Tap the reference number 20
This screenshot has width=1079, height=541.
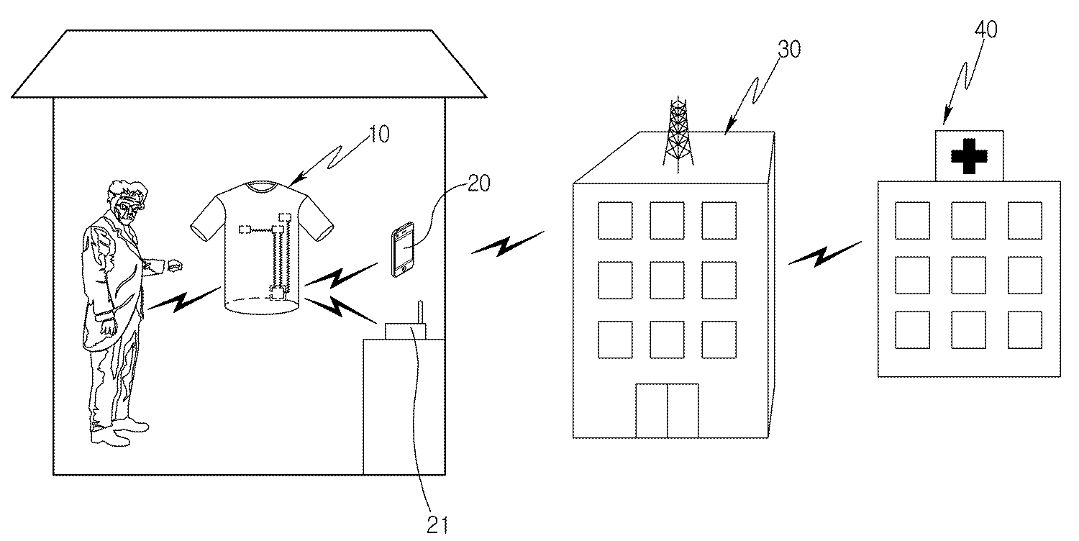(x=478, y=183)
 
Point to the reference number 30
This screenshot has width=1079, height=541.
(x=788, y=50)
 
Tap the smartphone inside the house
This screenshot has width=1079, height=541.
(x=403, y=250)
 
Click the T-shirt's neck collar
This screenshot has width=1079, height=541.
(x=261, y=186)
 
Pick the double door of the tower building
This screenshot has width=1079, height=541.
(x=667, y=411)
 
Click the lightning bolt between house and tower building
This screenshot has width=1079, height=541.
(x=506, y=245)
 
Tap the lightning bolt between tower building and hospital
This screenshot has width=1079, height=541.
(x=824, y=253)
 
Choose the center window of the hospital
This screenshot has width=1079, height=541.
(x=968, y=274)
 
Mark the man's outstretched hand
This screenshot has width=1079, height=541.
(x=173, y=265)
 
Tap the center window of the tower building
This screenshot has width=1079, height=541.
(x=667, y=279)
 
